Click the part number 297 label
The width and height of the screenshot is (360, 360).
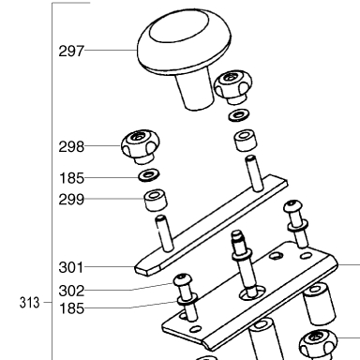(71, 51)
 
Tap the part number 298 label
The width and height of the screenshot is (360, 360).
(71, 146)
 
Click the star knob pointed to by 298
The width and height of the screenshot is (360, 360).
(141, 146)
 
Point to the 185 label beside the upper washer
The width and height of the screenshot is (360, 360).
(71, 178)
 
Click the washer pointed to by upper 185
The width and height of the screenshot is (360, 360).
(149, 175)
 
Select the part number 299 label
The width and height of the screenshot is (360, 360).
(71, 200)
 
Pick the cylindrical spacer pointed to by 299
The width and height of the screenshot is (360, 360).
(156, 200)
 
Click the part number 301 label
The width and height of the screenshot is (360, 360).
(71, 267)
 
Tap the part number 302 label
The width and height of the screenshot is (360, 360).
(71, 291)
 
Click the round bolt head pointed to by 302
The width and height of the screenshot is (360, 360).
(183, 279)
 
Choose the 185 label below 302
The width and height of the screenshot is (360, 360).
(71, 308)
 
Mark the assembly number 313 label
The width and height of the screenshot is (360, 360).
(30, 303)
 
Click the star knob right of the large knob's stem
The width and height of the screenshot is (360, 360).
(232, 87)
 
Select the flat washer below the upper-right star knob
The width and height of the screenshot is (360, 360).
(239, 115)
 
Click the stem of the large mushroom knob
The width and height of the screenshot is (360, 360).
(194, 92)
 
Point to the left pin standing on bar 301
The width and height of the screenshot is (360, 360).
(164, 232)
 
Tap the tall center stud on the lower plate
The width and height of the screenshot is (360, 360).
(245, 264)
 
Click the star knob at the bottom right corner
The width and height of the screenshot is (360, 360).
(318, 345)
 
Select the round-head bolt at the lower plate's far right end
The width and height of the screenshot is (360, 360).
(296, 224)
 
